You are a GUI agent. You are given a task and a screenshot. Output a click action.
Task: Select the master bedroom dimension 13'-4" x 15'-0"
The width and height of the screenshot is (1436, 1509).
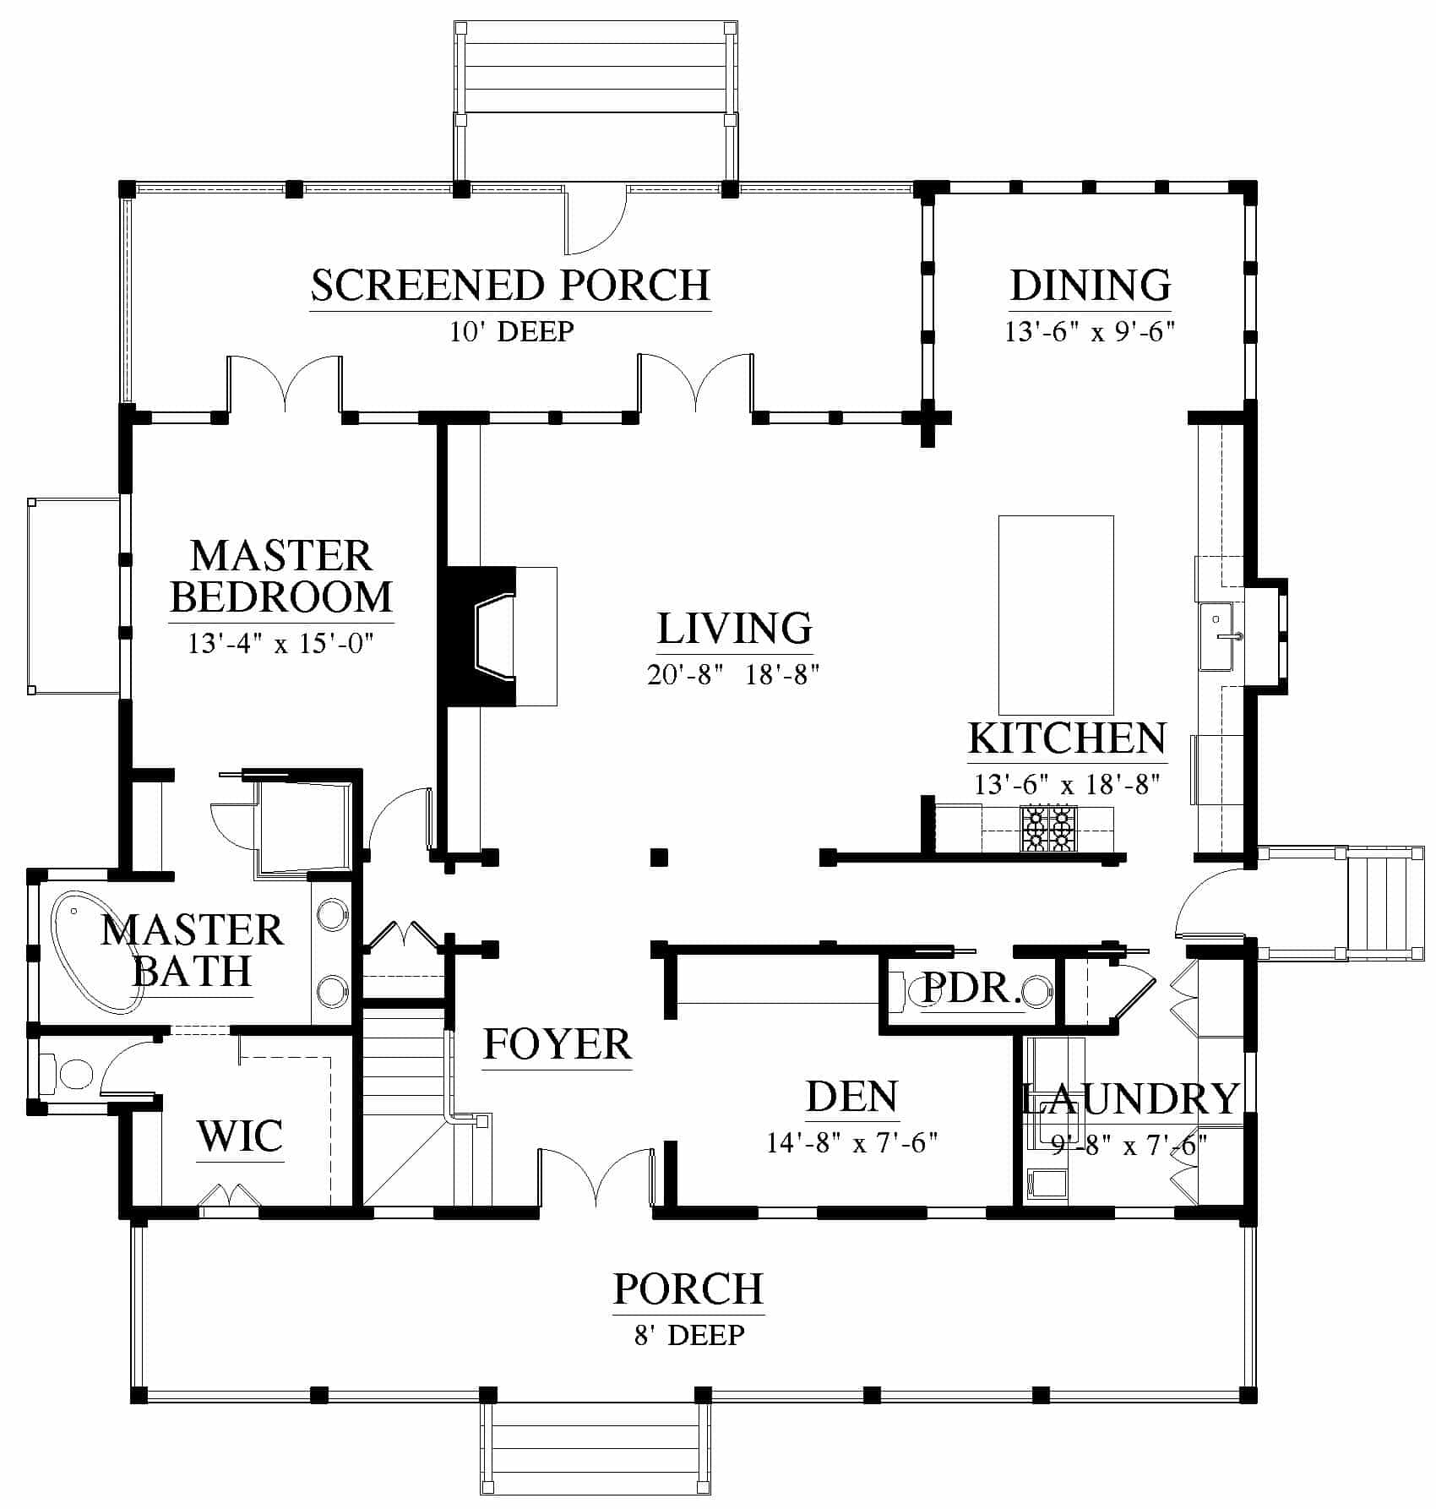click(280, 644)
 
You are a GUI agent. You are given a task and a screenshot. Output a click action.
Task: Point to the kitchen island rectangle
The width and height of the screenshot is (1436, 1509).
click(1056, 616)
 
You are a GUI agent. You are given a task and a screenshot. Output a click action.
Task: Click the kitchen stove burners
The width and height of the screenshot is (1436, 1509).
click(1049, 828)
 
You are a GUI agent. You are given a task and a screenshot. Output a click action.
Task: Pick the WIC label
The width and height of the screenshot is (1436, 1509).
click(240, 1136)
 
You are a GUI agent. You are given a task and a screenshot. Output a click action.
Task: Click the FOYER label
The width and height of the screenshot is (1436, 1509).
click(558, 1044)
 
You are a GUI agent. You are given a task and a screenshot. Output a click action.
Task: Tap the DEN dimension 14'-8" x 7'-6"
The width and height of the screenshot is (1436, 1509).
click(852, 1143)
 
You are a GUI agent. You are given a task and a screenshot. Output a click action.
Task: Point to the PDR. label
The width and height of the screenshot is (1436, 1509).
click(971, 987)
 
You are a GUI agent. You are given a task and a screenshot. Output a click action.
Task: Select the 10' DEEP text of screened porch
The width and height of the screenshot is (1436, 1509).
click(511, 331)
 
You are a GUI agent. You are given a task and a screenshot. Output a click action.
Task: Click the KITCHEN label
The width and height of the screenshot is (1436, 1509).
click(1067, 738)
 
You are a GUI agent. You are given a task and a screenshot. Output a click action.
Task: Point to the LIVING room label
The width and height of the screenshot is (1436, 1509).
click(734, 629)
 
